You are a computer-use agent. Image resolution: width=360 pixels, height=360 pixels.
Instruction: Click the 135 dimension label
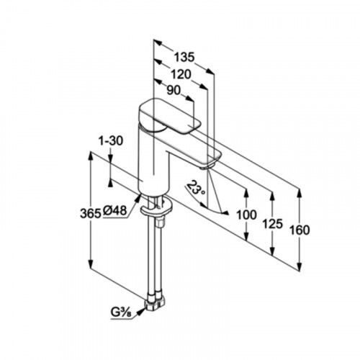tap(184, 58)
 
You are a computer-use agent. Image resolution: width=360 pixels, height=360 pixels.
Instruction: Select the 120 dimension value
tap(181, 75)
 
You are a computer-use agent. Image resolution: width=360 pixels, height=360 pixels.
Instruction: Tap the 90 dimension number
tap(174, 91)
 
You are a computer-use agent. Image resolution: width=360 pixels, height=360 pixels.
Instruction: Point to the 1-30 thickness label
tap(111, 141)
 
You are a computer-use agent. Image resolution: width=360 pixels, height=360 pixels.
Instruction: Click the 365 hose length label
tap(90, 213)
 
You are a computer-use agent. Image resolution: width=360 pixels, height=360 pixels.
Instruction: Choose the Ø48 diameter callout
tap(114, 211)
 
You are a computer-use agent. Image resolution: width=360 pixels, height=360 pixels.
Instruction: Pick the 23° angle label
tap(196, 189)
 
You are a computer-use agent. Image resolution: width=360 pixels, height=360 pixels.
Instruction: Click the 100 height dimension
tap(246, 215)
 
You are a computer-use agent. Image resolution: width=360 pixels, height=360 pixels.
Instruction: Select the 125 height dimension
tap(272, 224)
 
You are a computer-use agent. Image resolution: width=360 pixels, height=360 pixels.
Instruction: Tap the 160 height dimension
tap(300, 230)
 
